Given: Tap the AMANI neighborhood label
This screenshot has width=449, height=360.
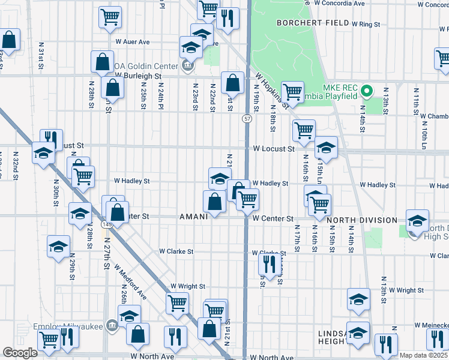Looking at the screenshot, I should pyautogui.click(x=193, y=217).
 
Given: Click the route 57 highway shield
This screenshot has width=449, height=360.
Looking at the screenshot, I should pyautogui.click(x=247, y=119).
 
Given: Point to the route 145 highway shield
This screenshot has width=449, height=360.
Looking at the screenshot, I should pyautogui.click(x=107, y=224).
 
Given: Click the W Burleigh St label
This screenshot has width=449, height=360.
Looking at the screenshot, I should pyautogui.click(x=139, y=76).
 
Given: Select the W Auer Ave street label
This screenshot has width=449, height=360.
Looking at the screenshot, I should pyautogui.click(x=133, y=42).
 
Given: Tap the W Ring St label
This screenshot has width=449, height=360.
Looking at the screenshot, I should pyautogui.click(x=367, y=25).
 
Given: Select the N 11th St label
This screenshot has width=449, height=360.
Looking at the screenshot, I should pyautogui.click(x=416, y=99).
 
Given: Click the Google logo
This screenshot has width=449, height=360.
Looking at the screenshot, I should pyautogui.click(x=20, y=353).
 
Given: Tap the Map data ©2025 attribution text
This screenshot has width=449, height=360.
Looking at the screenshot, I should pyautogui.click(x=424, y=355).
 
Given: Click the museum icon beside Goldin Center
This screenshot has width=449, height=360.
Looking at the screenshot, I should pyautogui.click(x=187, y=65).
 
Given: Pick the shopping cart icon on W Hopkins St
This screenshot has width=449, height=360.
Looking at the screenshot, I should pyautogui.click(x=292, y=91).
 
